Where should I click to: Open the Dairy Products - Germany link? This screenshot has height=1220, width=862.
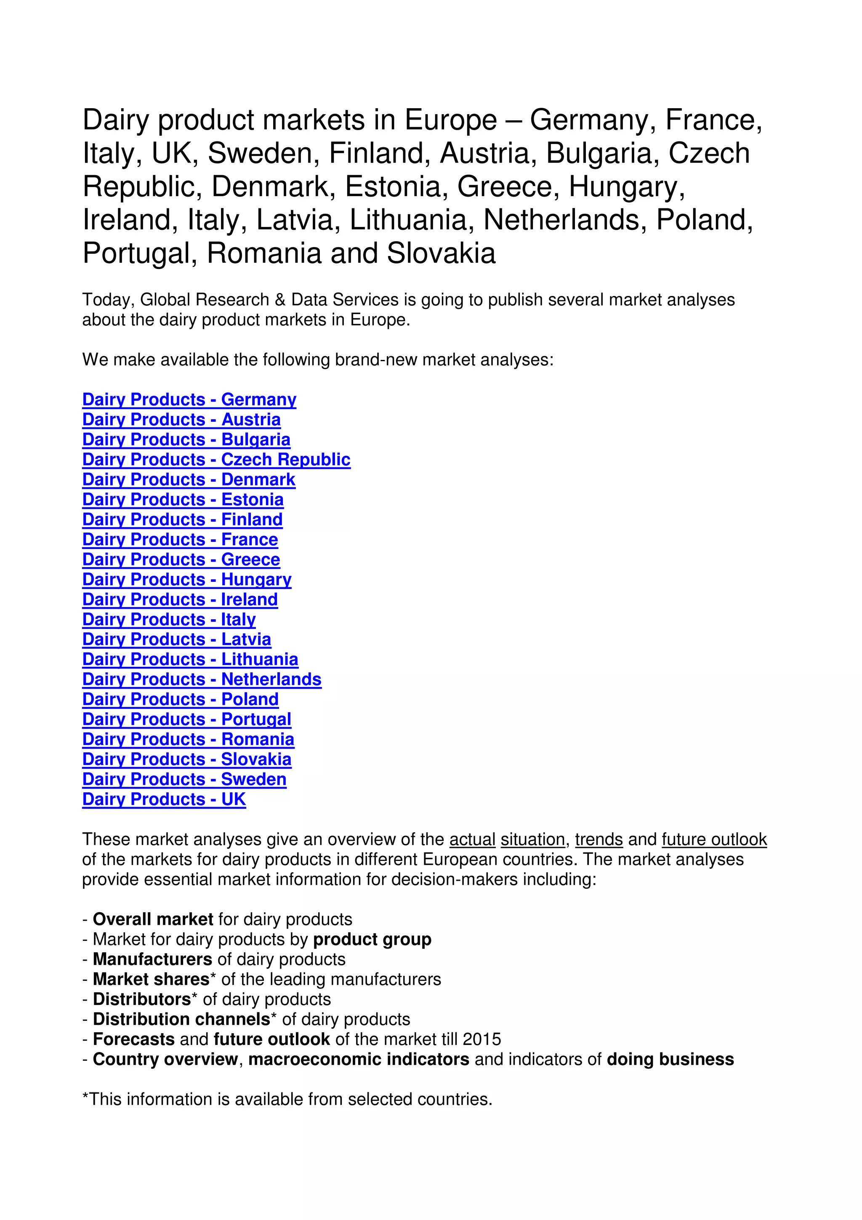click(x=189, y=400)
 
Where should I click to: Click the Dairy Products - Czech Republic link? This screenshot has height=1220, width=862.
click(x=216, y=460)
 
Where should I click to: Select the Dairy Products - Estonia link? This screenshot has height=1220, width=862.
click(x=183, y=499)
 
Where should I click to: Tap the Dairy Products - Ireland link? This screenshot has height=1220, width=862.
click(x=180, y=599)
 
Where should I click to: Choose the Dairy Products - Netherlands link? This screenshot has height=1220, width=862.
click(x=202, y=679)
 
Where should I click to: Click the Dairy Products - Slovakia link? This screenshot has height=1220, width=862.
click(x=187, y=759)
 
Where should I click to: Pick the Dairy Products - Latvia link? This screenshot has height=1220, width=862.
click(x=176, y=639)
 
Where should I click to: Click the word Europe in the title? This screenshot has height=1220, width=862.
click(x=450, y=120)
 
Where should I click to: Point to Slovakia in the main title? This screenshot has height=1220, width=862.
click(x=441, y=253)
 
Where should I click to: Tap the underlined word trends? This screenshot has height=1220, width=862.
click(x=599, y=839)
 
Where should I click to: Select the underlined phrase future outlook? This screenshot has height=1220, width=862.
click(x=714, y=839)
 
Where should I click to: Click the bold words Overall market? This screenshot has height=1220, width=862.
click(x=153, y=919)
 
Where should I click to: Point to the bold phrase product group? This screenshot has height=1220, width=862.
click(x=372, y=940)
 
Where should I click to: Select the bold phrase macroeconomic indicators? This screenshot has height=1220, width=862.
click(x=359, y=1060)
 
